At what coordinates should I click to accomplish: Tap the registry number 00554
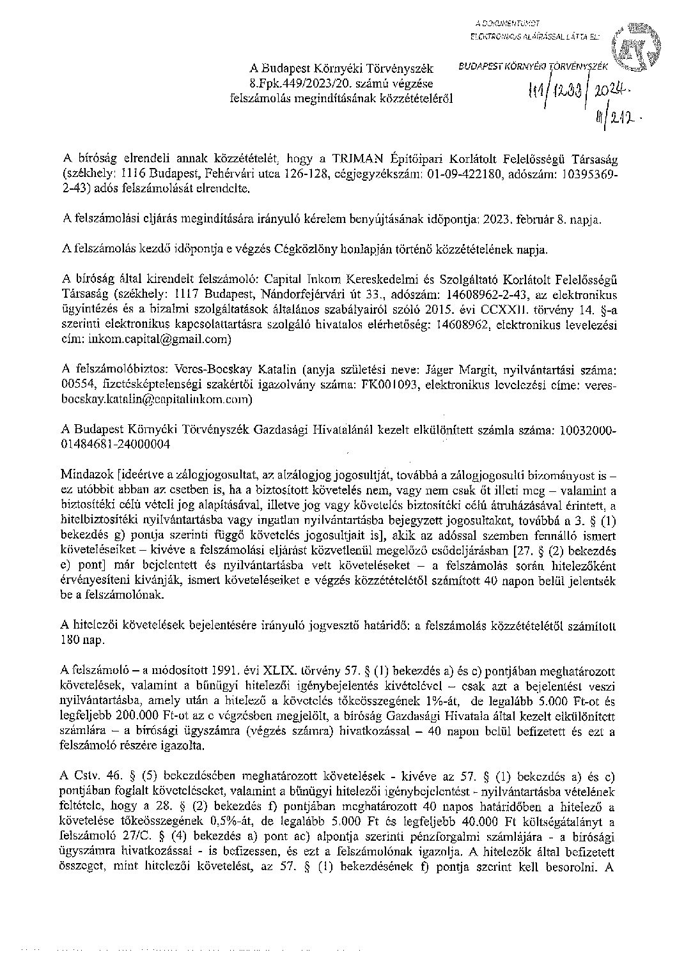pyautogui.click(x=76, y=385)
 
